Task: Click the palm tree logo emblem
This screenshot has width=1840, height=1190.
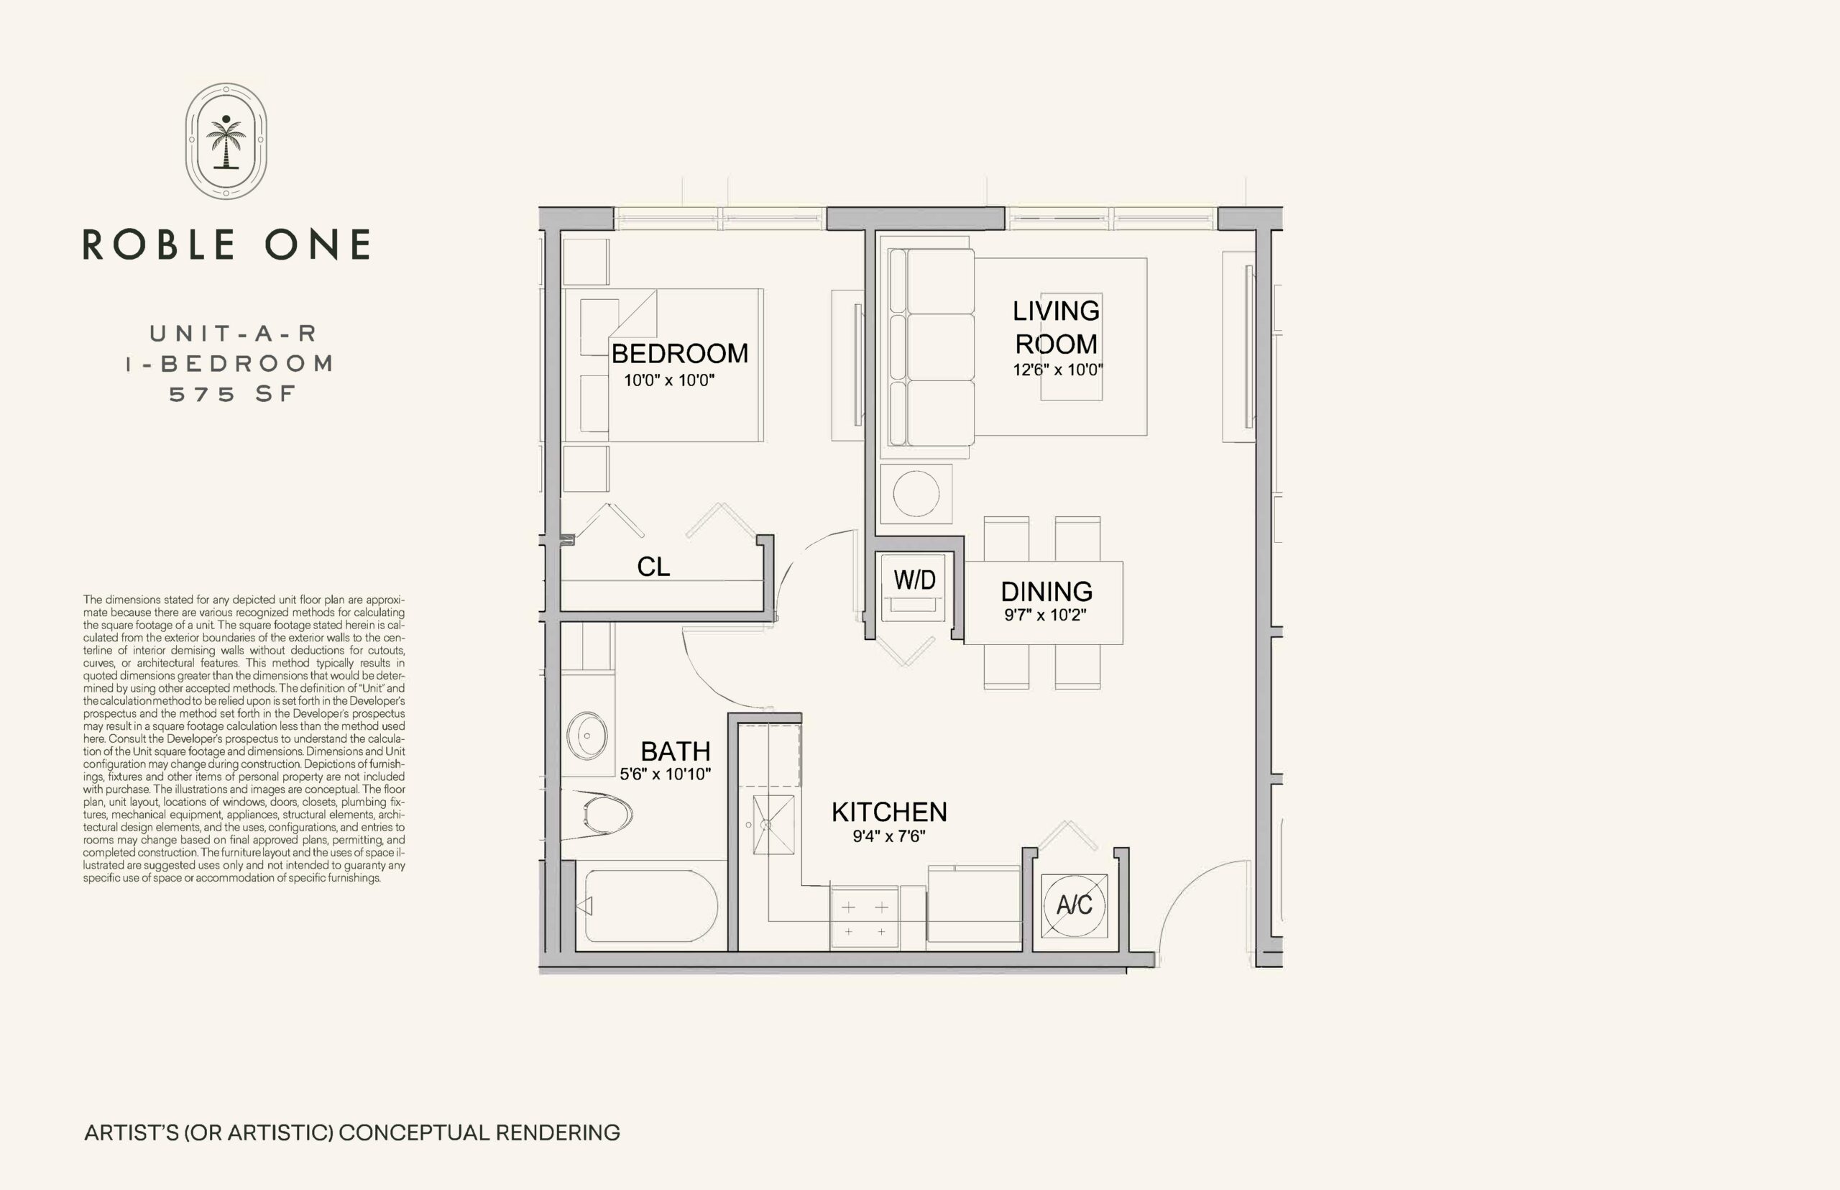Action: click(226, 142)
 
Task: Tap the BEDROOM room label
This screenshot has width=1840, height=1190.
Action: click(680, 353)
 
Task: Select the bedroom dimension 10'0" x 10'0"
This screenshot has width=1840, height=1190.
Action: click(669, 380)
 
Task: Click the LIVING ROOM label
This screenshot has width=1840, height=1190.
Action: click(1056, 327)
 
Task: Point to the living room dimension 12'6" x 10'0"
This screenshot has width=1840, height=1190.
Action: click(1057, 370)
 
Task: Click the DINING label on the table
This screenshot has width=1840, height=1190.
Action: click(1046, 591)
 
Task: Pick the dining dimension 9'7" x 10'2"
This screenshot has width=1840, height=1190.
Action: click(1045, 615)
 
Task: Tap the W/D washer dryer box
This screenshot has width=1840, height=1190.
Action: click(914, 587)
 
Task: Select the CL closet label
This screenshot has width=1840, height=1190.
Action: click(653, 567)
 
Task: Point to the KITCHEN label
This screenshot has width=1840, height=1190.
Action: click(889, 811)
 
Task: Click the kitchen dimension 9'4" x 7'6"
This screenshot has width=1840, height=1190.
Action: click(889, 836)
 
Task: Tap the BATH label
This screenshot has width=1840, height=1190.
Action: click(675, 751)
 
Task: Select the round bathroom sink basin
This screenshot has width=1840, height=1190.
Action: click(587, 736)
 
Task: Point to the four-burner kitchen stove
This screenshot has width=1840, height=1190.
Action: click(865, 917)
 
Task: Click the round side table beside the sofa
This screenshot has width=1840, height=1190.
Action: click(916, 493)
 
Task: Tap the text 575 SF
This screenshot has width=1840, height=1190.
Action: click(232, 394)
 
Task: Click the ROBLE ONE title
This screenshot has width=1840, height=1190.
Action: click(226, 244)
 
